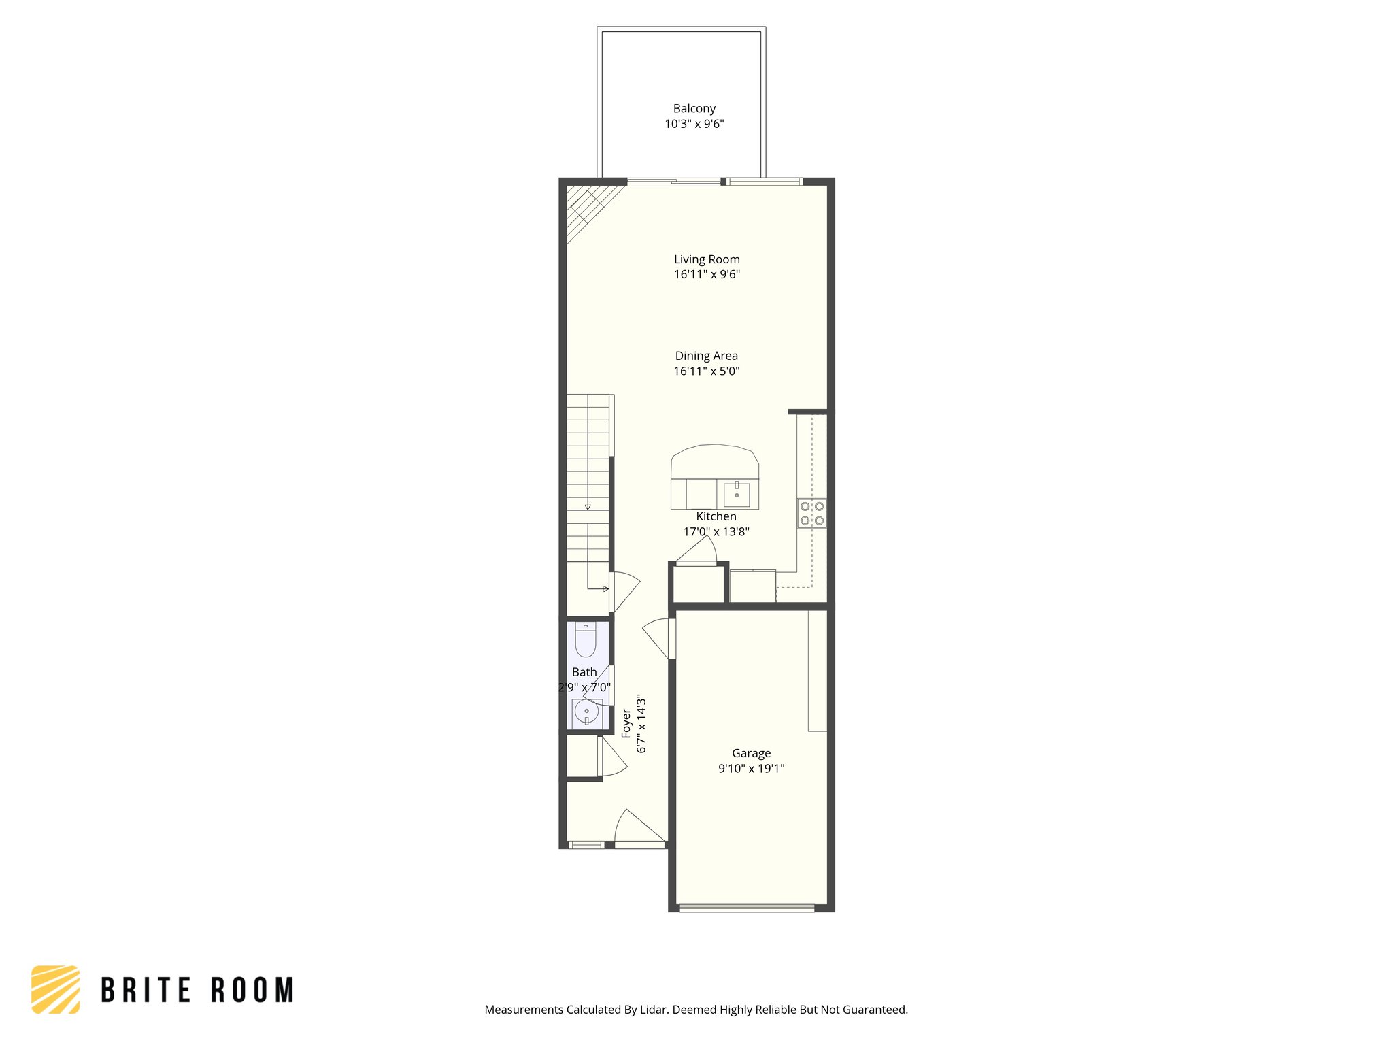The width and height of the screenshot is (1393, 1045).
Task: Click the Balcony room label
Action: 694,108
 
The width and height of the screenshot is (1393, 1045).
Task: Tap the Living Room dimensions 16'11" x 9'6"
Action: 707,275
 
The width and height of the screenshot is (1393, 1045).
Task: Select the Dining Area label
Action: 706,356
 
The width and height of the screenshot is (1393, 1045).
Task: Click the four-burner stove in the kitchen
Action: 811,514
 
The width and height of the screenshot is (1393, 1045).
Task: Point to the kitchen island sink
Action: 737,494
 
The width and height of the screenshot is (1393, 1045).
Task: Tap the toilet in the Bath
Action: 586,640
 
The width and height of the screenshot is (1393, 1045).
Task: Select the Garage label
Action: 751,753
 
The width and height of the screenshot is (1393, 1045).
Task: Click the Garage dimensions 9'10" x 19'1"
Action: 751,769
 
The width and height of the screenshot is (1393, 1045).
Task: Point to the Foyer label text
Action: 626,723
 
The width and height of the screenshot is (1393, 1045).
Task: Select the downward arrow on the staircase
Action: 588,506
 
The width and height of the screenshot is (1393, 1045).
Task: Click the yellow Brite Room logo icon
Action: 56,989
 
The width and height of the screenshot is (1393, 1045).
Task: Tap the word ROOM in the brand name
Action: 252,991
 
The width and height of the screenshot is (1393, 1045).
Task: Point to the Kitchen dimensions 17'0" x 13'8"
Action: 716,532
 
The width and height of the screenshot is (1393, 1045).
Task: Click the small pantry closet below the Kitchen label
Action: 699,584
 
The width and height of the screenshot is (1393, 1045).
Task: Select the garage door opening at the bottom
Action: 747,908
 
